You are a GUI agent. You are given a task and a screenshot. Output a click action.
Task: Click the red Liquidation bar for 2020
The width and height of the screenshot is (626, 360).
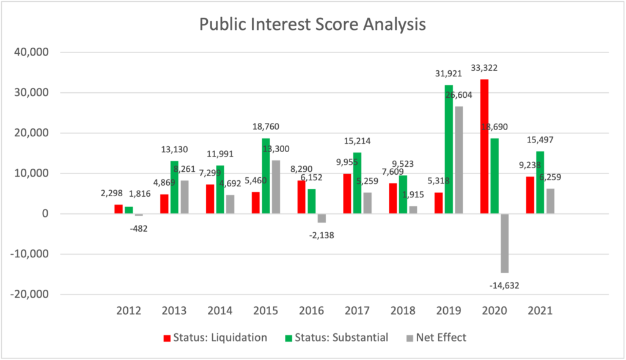(x=484, y=147)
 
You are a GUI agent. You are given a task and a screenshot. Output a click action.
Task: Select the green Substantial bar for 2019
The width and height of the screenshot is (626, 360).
(x=448, y=149)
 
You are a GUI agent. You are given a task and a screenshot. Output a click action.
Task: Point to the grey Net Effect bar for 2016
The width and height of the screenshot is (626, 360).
(x=321, y=218)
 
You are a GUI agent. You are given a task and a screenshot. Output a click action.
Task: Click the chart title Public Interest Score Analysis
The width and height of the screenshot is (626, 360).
(x=312, y=25)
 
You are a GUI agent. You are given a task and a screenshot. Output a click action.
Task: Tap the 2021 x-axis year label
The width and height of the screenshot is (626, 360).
(x=540, y=310)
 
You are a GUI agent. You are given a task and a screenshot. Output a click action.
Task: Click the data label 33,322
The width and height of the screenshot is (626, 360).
(x=484, y=67)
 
